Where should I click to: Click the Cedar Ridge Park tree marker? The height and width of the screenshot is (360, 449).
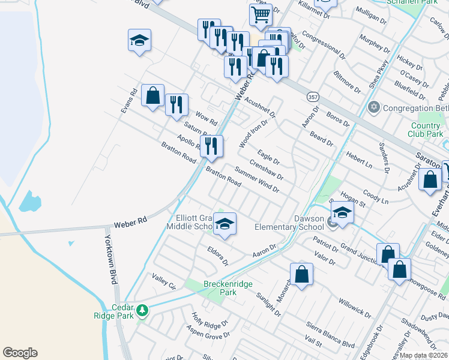coord(142,310)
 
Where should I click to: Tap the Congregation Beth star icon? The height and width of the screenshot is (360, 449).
coord(373,109)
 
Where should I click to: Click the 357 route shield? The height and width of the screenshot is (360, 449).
coord(313,96)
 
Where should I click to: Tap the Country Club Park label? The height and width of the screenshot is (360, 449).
coord(426,130)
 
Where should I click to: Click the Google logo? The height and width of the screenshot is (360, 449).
coord(20,353)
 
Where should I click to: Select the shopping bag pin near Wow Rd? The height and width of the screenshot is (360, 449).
coord(152,95)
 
